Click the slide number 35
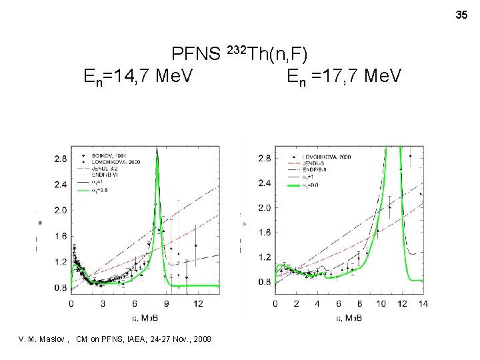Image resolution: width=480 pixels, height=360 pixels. [x=461, y=15]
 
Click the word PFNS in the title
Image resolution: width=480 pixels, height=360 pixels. [x=197, y=53]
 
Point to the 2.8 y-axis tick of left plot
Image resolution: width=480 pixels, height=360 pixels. [x=59, y=159]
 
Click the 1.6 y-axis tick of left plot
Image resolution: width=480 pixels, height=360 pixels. [x=59, y=236]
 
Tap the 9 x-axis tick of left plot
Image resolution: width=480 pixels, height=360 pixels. [x=167, y=304]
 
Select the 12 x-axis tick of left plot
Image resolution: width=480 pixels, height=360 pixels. [x=198, y=304]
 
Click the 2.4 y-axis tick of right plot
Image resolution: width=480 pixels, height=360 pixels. [x=264, y=183]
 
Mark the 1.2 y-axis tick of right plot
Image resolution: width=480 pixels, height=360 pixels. [x=264, y=257]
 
